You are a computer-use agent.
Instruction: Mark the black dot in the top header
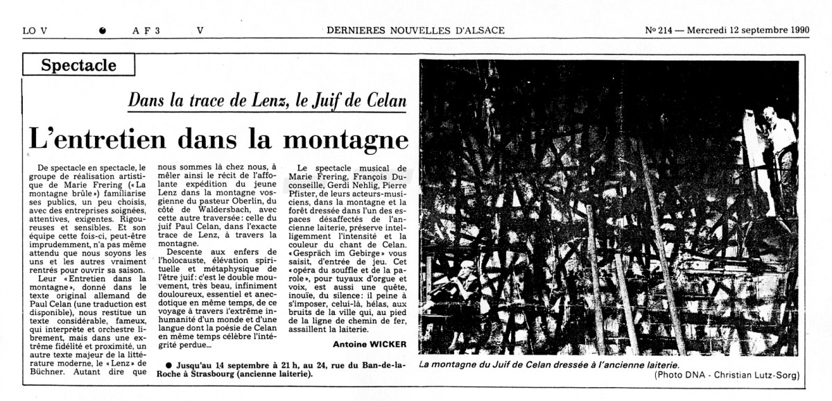[x=103, y=31]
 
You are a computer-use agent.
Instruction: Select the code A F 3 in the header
[x=146, y=30]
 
